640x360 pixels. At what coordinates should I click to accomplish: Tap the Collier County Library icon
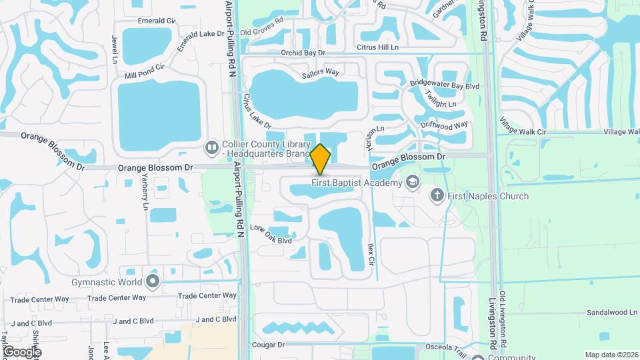(x=212, y=146)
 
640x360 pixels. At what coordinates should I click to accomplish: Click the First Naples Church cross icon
(x=437, y=195)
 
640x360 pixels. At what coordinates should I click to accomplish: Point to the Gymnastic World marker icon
(x=153, y=281)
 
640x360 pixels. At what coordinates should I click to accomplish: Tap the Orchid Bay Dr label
(x=303, y=52)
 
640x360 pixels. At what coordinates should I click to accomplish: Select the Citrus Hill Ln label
(x=377, y=47)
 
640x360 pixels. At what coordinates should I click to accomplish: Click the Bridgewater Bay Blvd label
(x=445, y=85)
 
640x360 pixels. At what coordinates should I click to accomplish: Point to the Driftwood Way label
(x=445, y=125)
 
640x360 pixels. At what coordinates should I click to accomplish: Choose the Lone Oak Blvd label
(x=271, y=234)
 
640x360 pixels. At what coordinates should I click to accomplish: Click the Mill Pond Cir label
(x=144, y=69)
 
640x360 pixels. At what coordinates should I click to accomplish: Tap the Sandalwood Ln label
(x=612, y=312)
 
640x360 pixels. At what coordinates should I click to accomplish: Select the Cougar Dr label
(x=269, y=345)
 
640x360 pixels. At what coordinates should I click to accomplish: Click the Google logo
(x=21, y=351)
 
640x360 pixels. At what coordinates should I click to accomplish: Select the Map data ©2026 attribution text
(x=611, y=355)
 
